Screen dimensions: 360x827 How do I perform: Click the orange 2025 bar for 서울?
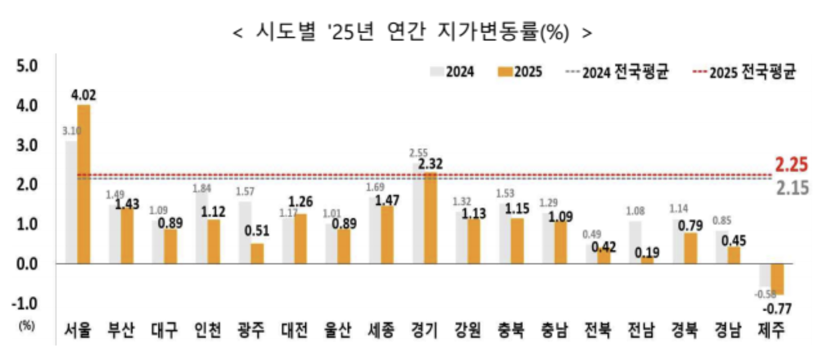click(84, 184)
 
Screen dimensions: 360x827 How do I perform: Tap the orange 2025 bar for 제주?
click(777, 279)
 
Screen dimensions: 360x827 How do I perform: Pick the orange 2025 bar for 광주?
click(257, 253)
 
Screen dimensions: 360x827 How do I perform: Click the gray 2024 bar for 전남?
click(634, 242)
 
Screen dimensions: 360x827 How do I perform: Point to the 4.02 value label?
click(83, 95)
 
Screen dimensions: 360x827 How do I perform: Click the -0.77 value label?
click(777, 309)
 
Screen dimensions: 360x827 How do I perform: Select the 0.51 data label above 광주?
click(257, 231)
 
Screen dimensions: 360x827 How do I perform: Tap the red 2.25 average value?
click(791, 165)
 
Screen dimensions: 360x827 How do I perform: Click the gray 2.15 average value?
click(792, 188)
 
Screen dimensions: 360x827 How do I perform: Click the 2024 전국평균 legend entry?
click(617, 72)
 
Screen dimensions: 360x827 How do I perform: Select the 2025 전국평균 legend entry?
click(744, 72)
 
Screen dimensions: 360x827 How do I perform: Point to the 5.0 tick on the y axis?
click(27, 66)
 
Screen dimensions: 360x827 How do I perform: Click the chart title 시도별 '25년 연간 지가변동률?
click(412, 32)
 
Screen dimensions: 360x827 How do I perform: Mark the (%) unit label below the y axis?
click(27, 326)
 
